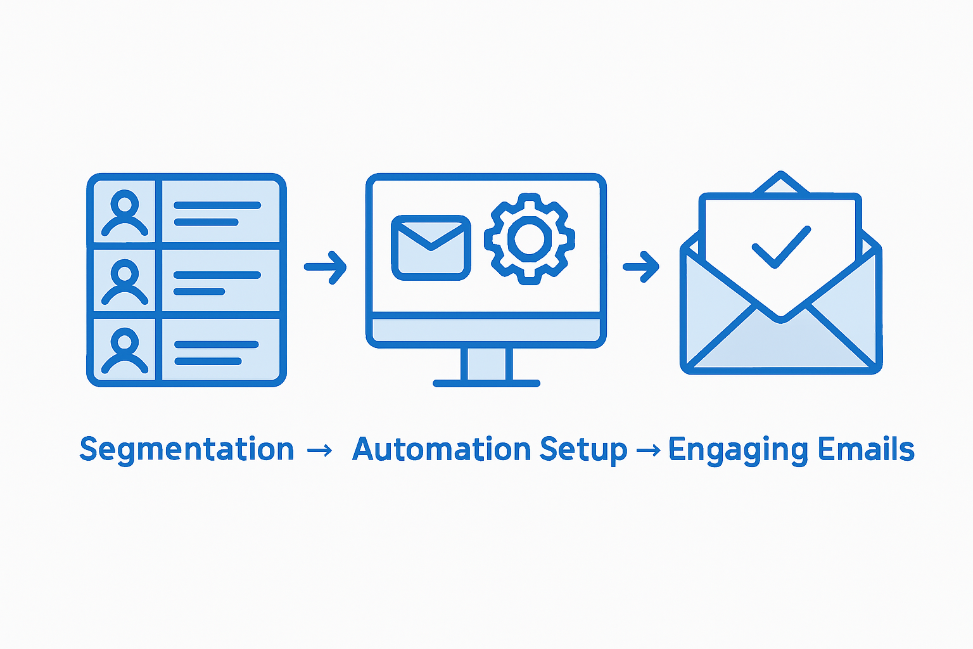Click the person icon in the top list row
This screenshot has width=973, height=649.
[x=125, y=214]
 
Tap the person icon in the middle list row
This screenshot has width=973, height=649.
[x=125, y=283]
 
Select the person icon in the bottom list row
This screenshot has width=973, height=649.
[x=125, y=350]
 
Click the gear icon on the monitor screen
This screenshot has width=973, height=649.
[x=529, y=239]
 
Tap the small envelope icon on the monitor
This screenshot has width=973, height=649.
[x=431, y=247]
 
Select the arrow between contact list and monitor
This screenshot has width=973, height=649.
[x=326, y=267]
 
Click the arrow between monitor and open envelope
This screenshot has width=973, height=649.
[x=641, y=267]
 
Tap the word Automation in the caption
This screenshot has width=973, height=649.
[x=441, y=449]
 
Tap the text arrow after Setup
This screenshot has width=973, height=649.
[x=647, y=451]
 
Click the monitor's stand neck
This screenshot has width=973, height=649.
[x=486, y=364]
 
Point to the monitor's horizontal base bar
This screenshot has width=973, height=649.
[x=486, y=383]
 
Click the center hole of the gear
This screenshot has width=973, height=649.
[x=529, y=239]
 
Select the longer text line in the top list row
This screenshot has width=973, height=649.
[x=217, y=205]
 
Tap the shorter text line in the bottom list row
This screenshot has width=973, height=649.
[x=208, y=361]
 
